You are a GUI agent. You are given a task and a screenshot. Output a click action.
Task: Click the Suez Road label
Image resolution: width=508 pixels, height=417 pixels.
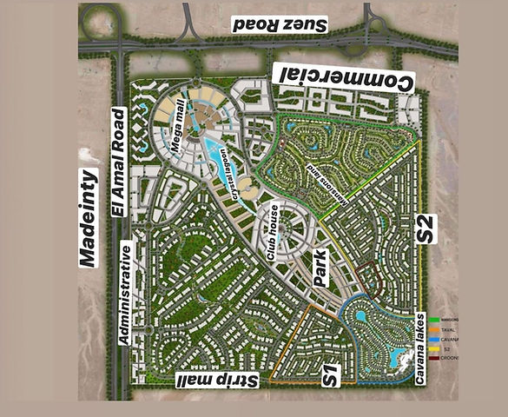(x=279, y=25)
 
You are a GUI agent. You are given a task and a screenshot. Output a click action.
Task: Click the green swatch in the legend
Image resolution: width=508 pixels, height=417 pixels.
(x=434, y=321)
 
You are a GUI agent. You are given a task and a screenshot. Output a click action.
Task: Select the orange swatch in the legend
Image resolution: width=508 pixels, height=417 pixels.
(x=434, y=330)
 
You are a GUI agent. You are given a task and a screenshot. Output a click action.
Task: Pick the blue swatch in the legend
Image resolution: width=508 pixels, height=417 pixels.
(x=434, y=340)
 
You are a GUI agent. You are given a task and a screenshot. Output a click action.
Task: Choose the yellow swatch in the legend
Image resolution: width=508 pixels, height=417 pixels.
(x=434, y=349)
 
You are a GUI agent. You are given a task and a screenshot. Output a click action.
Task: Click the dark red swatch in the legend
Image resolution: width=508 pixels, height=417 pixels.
(x=434, y=358)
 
